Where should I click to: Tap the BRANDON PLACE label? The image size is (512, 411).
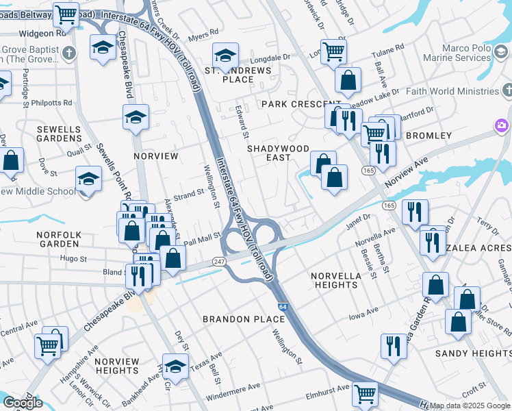coord(244,319)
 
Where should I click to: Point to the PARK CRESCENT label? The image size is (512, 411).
coord(292,104)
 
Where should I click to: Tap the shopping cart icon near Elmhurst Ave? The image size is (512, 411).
coord(365,393)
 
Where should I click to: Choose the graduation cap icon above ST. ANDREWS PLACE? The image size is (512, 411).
coord(225,53)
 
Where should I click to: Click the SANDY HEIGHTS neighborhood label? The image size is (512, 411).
coord(473,353)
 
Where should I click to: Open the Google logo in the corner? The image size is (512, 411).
coord(22,403)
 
